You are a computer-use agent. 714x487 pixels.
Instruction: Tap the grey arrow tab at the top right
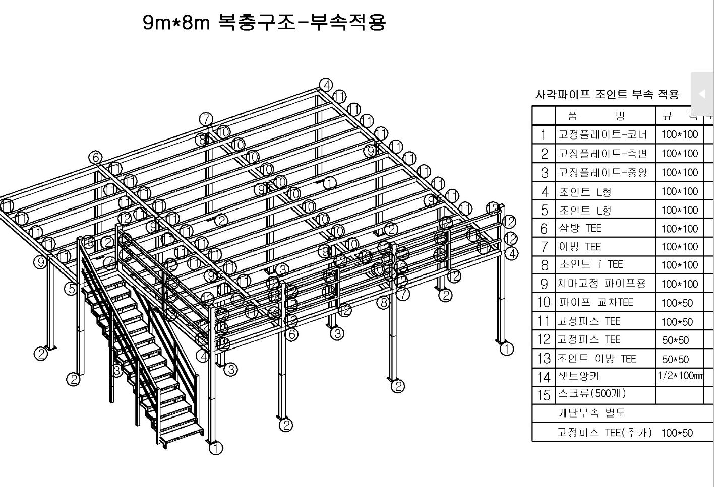(702, 94)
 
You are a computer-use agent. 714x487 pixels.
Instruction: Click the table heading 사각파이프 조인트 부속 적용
(607, 94)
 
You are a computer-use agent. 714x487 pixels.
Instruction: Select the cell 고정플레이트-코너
(603, 134)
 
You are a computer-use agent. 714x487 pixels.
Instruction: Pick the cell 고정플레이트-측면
(603, 154)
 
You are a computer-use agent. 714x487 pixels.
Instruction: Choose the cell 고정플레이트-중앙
(603, 173)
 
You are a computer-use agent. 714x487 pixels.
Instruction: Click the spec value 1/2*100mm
(680, 376)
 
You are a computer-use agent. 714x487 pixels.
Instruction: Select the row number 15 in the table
(544, 395)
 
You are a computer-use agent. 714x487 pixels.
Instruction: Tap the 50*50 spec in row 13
(676, 359)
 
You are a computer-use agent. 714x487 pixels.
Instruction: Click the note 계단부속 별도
(591, 413)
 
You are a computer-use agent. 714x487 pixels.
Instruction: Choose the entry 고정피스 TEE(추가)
(604, 432)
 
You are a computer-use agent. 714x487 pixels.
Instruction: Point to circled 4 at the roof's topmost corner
(326, 85)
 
